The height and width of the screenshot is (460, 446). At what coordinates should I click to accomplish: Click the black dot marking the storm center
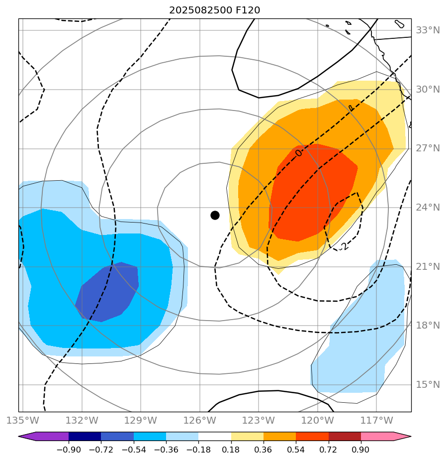click(215, 215)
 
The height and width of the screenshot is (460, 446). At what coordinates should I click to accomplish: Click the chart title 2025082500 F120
click(214, 10)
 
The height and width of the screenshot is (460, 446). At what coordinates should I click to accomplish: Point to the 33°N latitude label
click(428, 30)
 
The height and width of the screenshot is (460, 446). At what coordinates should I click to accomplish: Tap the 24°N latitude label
click(428, 208)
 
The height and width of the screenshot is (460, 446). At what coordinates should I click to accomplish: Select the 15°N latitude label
click(428, 385)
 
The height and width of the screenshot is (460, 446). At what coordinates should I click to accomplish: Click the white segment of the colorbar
click(215, 436)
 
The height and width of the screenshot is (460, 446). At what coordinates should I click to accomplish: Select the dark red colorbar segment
click(345, 436)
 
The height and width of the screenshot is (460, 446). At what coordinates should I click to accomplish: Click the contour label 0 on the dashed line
click(298, 153)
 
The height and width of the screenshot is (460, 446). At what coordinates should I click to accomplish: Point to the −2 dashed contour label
click(343, 246)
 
